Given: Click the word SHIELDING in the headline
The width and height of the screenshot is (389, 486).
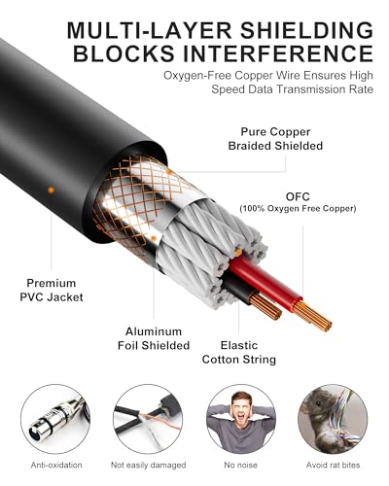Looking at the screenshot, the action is click(x=306, y=31).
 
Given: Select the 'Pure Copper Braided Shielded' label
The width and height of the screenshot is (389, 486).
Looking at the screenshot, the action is click(x=275, y=139).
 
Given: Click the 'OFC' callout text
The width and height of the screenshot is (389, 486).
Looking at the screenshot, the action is click(x=298, y=196).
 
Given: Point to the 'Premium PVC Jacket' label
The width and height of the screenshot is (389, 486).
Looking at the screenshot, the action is click(x=52, y=290).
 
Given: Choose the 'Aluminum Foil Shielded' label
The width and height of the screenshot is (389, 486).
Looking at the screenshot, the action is click(x=154, y=338).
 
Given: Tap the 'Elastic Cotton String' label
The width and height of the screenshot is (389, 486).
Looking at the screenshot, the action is click(x=239, y=352).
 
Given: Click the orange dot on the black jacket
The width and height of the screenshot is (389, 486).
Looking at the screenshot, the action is click(x=51, y=191).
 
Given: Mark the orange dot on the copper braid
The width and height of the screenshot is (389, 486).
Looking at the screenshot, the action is click(x=169, y=172).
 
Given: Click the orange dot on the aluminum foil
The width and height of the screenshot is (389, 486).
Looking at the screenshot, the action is click(x=154, y=239).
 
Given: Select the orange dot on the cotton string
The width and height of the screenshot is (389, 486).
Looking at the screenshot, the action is click(x=238, y=252).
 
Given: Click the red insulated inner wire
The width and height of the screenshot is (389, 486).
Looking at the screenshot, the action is click(x=265, y=282).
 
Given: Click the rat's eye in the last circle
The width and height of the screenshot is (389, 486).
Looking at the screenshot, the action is click(x=318, y=403).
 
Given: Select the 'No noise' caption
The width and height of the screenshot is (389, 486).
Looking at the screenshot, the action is click(x=240, y=466).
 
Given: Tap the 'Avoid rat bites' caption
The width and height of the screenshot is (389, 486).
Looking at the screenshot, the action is click(x=333, y=466).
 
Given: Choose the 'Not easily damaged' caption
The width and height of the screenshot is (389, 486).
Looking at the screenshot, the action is click(x=148, y=466).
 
